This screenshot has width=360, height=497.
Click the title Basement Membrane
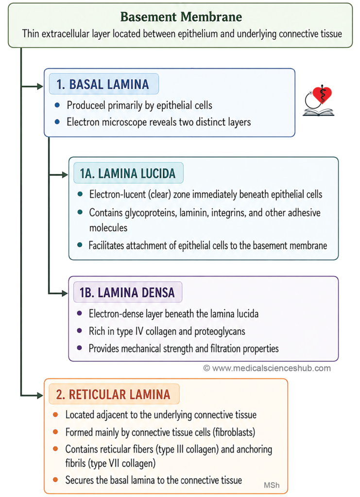click(x=181, y=17)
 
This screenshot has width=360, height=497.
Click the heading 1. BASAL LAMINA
click(x=103, y=84)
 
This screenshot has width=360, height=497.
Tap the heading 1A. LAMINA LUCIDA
click(x=127, y=173)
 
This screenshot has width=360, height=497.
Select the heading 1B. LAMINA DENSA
click(x=127, y=293)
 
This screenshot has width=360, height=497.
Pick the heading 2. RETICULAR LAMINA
click(x=113, y=395)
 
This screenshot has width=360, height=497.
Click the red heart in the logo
click(x=322, y=95)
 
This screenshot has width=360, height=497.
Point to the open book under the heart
click(x=318, y=112)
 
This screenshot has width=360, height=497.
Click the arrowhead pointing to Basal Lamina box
click(x=40, y=86)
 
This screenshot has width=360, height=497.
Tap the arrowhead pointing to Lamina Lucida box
click(x=65, y=175)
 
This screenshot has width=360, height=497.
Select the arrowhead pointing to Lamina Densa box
click(x=65, y=294)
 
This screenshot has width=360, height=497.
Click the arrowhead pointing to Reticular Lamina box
click(x=40, y=396)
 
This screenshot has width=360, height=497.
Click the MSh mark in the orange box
click(x=272, y=485)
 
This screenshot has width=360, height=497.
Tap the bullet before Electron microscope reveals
click(x=57, y=122)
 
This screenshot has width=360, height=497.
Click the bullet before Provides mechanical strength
click(x=80, y=348)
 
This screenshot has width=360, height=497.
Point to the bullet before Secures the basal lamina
click(x=55, y=480)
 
